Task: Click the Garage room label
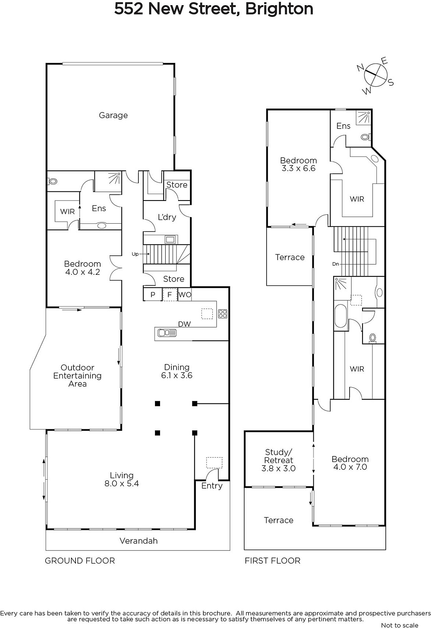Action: pyautogui.click(x=113, y=116)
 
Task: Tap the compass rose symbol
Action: pyautogui.click(x=376, y=75)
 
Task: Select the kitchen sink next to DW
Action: pyautogui.click(x=167, y=333)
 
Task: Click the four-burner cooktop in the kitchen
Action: pyautogui.click(x=223, y=314)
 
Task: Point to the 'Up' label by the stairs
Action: pyautogui.click(x=135, y=254)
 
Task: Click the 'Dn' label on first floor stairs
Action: pyautogui.click(x=335, y=264)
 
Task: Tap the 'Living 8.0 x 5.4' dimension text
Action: pyautogui.click(x=122, y=479)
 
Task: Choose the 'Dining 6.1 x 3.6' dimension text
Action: pyautogui.click(x=177, y=371)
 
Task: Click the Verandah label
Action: pyautogui.click(x=138, y=541)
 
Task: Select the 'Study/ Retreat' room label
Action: pyautogui.click(x=278, y=456)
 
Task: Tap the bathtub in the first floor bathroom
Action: pyautogui.click(x=341, y=316)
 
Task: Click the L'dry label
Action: pyautogui.click(x=167, y=217)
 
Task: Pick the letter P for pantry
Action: pyautogui.click(x=153, y=294)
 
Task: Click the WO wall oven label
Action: pyautogui.click(x=185, y=294)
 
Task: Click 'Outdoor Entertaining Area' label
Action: pyautogui.click(x=77, y=376)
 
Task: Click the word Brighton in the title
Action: pyautogui.click(x=279, y=9)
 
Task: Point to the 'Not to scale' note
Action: pyautogui.click(x=400, y=625)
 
